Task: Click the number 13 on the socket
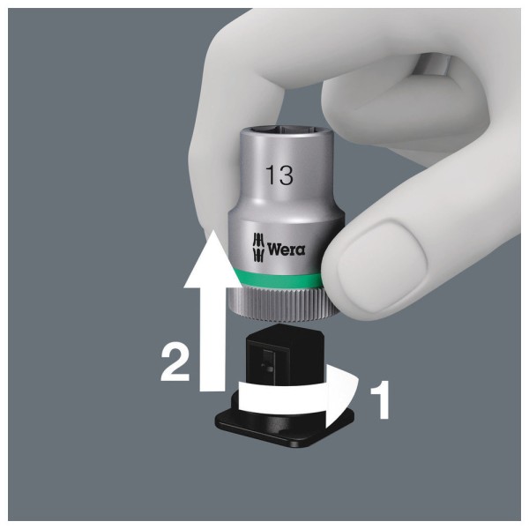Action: tap(279, 175)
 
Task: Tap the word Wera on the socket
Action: tap(286, 249)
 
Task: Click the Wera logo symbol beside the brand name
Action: tap(258, 247)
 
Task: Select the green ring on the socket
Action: tap(279, 278)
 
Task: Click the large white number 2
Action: tap(175, 363)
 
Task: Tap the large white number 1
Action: tap(381, 399)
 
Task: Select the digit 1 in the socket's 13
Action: tap(271, 175)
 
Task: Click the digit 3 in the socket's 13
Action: tap(286, 175)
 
